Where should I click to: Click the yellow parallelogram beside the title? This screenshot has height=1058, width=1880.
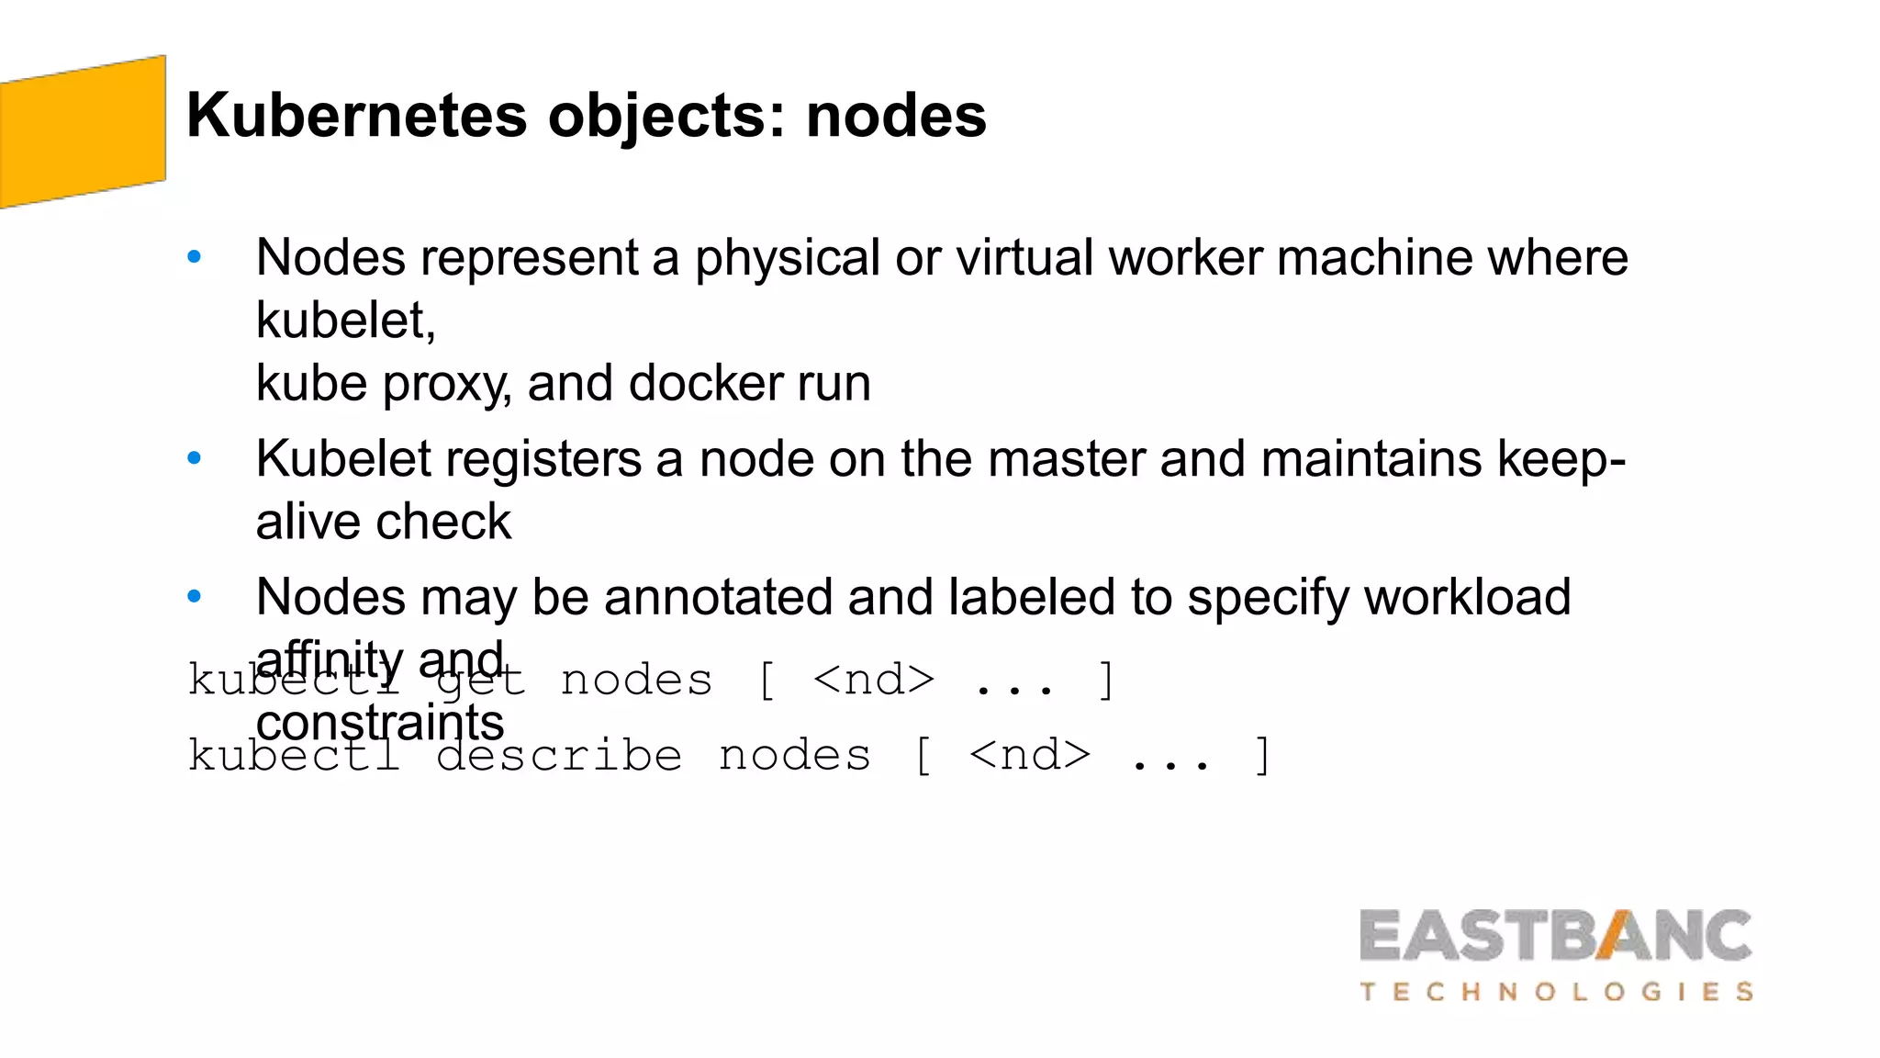point(83,131)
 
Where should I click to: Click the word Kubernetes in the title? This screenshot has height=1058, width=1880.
point(356,116)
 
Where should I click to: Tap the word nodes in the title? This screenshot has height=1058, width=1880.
point(896,116)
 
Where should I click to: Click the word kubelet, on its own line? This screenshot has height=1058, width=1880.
point(345,321)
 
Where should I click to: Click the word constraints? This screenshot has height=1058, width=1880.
point(380,723)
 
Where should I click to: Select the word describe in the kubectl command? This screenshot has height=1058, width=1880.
point(559,756)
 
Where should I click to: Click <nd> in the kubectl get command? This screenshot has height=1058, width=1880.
point(873,681)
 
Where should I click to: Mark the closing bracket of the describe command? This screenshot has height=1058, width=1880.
point(1263,756)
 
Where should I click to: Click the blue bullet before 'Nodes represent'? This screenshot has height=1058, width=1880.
point(194,257)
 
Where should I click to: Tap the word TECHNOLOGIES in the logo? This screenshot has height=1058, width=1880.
point(1556,992)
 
